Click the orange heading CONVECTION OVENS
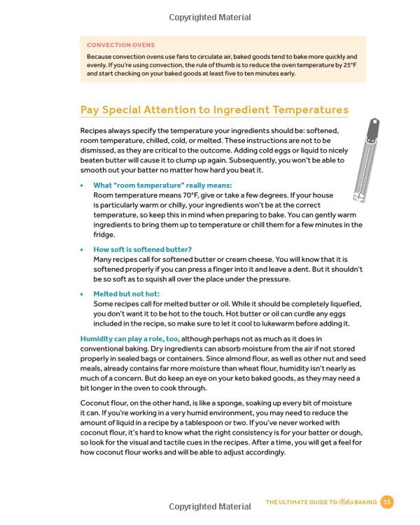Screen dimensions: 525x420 coord(120,45)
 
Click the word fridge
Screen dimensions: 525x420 coord(106,234)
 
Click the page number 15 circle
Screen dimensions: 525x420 coord(387,502)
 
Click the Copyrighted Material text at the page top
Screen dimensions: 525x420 coord(210,16)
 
